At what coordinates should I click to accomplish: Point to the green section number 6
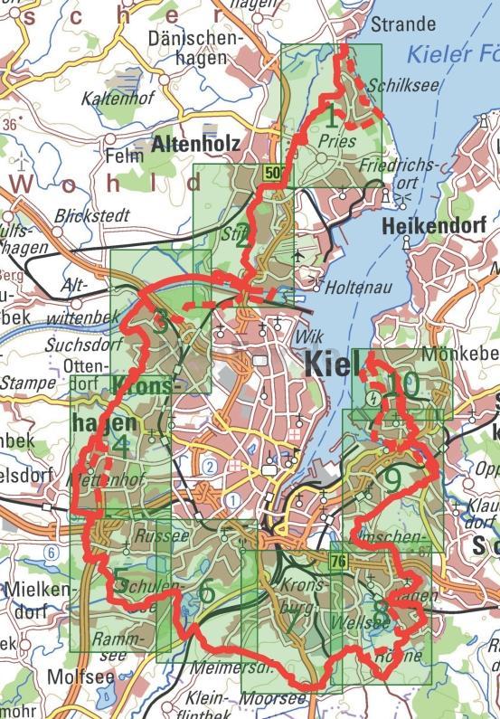point(206,592)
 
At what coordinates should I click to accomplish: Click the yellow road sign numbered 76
point(338,563)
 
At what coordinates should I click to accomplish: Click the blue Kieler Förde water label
point(451,54)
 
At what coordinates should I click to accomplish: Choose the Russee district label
point(148,535)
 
